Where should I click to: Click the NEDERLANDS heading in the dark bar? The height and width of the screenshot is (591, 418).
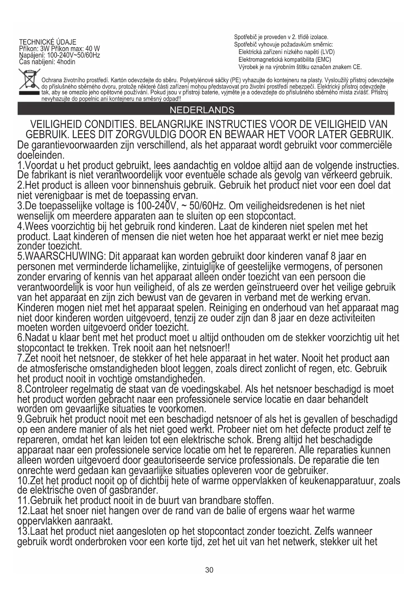pos(202,110)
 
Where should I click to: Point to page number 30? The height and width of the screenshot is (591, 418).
pos(209,570)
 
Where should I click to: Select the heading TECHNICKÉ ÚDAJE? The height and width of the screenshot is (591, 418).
pos(47,42)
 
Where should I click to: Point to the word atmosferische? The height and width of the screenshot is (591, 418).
pos(59,368)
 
